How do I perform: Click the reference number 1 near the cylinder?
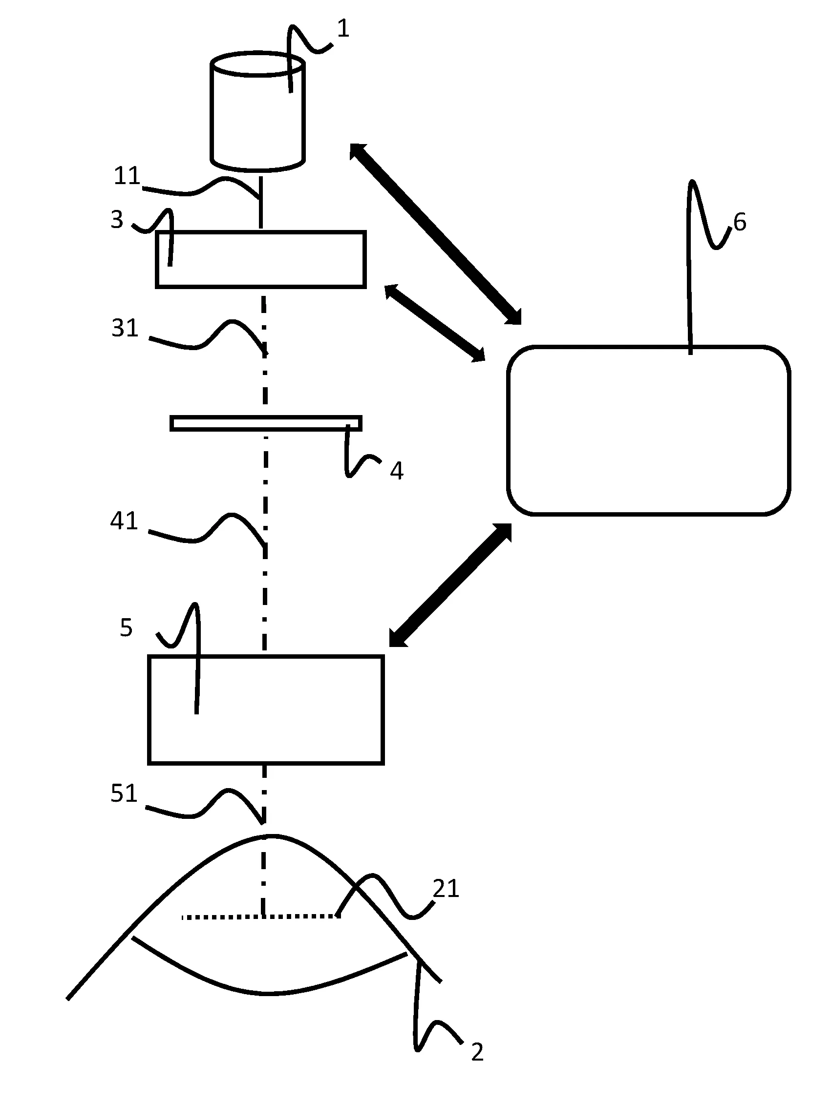(x=343, y=29)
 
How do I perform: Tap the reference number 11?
(x=127, y=176)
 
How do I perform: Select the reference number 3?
(x=117, y=220)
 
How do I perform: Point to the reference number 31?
(x=125, y=328)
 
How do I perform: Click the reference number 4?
(x=396, y=471)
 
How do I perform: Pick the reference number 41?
(x=124, y=521)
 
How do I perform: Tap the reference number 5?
(x=126, y=627)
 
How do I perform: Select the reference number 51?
(x=124, y=793)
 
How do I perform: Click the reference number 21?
(x=445, y=889)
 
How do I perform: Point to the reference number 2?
(x=477, y=1052)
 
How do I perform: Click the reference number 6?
(x=740, y=222)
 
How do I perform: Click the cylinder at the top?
(x=257, y=115)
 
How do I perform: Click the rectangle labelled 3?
(x=261, y=259)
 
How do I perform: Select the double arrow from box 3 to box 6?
(x=435, y=323)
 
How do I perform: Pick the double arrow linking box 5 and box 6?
(x=450, y=585)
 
